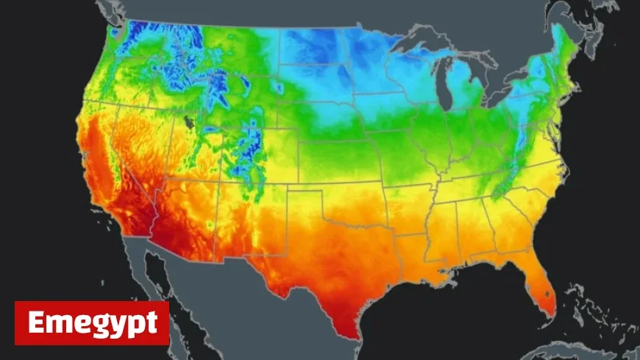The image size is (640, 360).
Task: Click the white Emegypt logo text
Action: [92, 323]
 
